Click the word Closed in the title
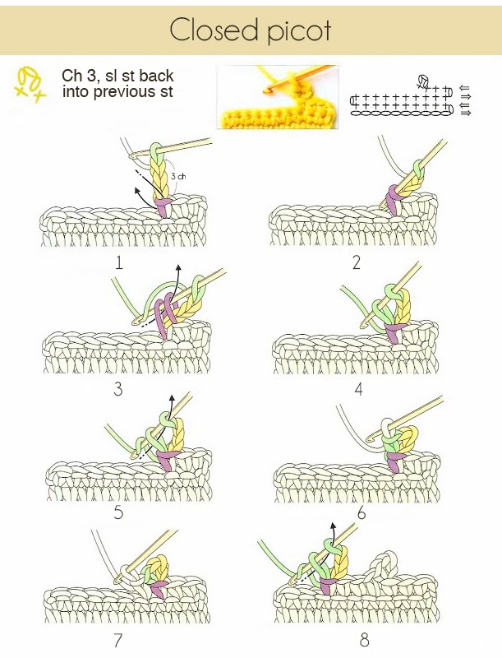[214, 30]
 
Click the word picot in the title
[299, 32]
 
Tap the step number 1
[119, 262]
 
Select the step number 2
[357, 262]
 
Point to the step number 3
[118, 389]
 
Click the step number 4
[358, 389]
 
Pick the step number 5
[118, 512]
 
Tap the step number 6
[362, 512]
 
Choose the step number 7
[118, 640]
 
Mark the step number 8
[364, 640]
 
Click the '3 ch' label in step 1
[178, 177]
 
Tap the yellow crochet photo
[278, 96]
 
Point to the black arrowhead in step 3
[178, 268]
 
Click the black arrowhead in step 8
[333, 526]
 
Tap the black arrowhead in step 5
[172, 397]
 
